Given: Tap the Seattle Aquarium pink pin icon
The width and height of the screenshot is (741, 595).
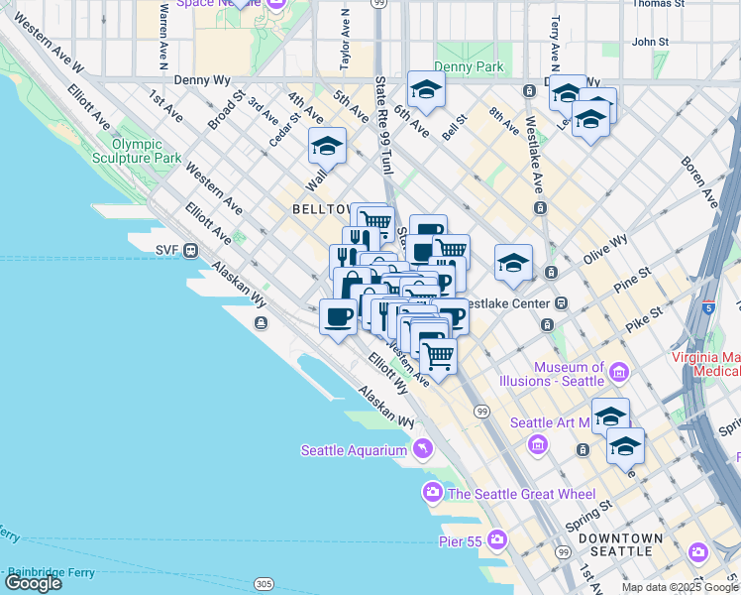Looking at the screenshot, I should (x=423, y=450).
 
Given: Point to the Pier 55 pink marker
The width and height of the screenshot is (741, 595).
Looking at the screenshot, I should (x=497, y=540).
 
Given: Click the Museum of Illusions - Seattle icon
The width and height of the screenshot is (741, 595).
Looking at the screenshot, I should (x=620, y=373).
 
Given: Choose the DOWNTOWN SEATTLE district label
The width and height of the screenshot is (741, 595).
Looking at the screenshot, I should (x=620, y=544).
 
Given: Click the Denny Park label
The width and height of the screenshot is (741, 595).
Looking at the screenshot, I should (x=469, y=67).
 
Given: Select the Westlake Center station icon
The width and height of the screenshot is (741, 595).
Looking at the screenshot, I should (x=561, y=302).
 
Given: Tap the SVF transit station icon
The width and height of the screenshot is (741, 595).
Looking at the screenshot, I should (x=189, y=251).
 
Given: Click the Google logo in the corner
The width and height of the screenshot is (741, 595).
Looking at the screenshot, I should (x=33, y=582).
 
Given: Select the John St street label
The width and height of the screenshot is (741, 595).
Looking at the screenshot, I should (x=651, y=42).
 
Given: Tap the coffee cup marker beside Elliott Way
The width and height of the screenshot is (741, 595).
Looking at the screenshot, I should (x=338, y=317).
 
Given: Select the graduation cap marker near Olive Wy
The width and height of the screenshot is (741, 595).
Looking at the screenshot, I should (x=513, y=264).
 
